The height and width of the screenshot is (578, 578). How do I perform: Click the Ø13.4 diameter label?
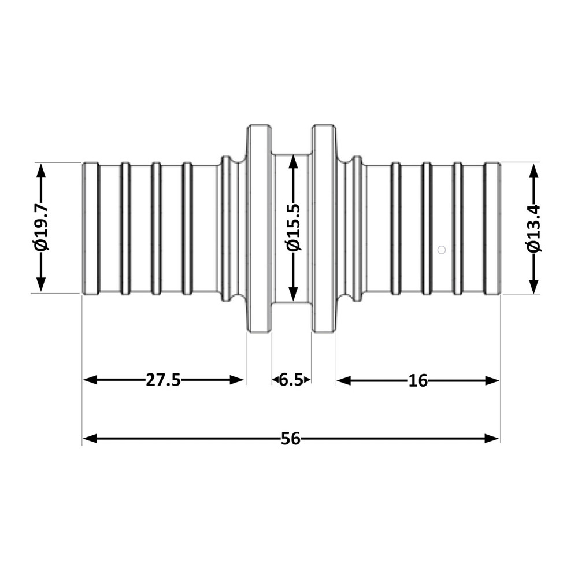pos(534,228)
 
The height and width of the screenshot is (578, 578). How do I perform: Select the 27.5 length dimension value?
pos(163,380)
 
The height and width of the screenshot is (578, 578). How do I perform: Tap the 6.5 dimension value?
pos(291,380)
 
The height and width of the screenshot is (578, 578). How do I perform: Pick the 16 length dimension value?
pos(417,380)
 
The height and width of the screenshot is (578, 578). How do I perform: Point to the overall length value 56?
pos(291,439)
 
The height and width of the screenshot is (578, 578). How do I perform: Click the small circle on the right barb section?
pos(442,250)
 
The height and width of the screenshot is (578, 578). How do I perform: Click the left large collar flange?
pos(259,228)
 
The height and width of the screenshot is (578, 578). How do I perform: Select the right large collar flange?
pos(324,228)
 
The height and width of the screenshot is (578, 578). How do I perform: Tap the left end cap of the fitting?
pos(90,228)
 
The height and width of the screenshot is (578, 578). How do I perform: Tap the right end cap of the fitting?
pos(492,228)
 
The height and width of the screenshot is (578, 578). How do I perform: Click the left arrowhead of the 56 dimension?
pos(90,439)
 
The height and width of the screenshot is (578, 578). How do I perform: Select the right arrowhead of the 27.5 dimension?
pos(238,380)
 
